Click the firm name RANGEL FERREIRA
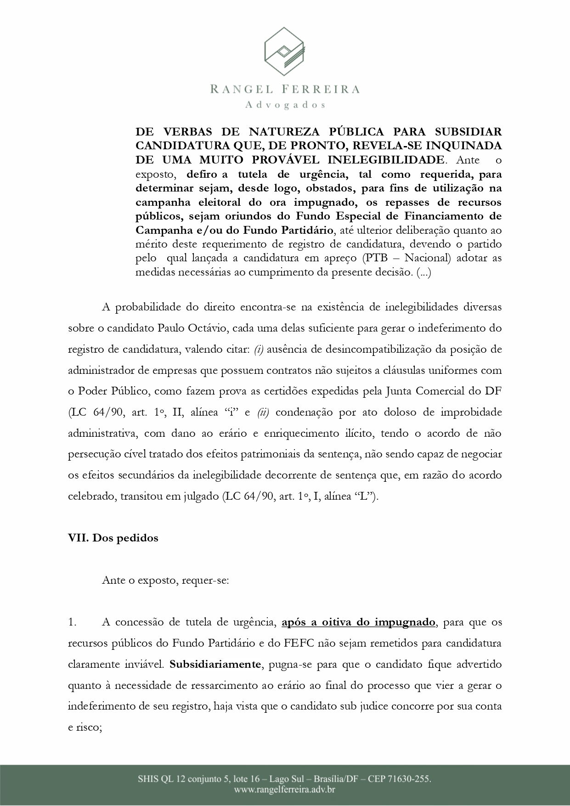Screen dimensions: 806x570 tap(285, 89)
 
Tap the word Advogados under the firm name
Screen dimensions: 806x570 tap(285, 105)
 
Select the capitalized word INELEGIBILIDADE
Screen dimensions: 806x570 tap(385, 160)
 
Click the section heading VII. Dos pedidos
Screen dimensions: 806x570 tap(113, 538)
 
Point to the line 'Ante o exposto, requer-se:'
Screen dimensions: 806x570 tap(165, 580)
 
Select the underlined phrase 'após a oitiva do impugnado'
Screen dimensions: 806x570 tap(358, 622)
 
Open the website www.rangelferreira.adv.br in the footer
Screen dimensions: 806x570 tap(285, 790)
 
